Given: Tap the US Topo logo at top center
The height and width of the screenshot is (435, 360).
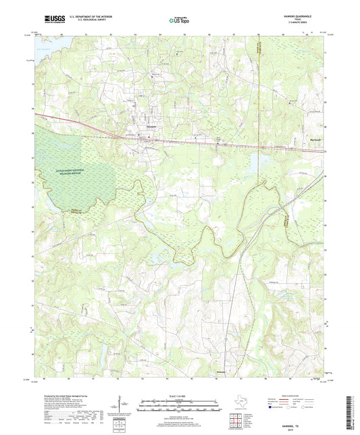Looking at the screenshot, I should pos(174,22).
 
